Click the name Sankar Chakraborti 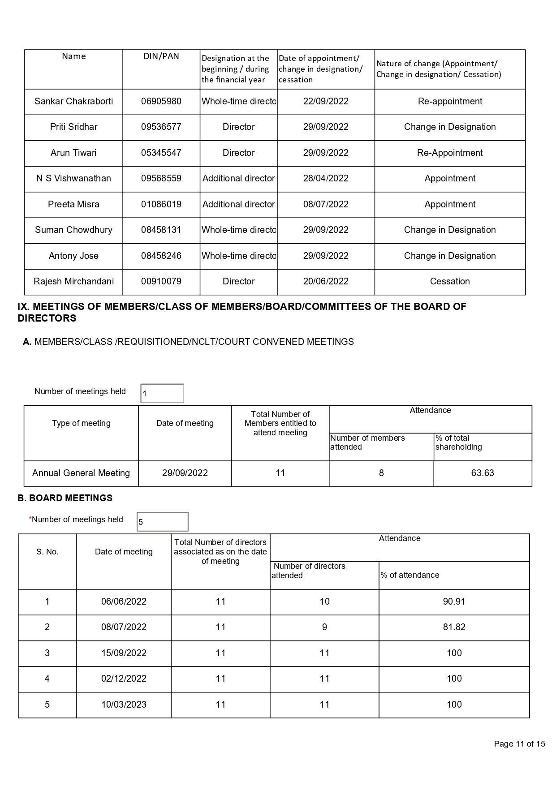coord(73,101)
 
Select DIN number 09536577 coord(161,127)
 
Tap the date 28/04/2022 coord(326,178)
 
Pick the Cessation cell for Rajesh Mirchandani coord(450,281)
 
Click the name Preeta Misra coord(73,204)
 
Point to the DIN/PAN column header coord(161,56)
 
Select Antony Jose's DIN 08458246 coord(161,256)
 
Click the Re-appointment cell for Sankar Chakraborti coord(450,101)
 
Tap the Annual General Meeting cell coord(81,473)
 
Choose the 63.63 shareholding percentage coord(483,473)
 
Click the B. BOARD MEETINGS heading coord(65,498)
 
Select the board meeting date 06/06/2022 coord(124,601)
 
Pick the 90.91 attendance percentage coord(454,601)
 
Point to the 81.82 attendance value coord(454,627)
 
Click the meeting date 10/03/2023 coord(124,704)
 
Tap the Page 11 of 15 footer coord(519,744)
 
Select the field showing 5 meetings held coord(162,522)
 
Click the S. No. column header coord(47,552)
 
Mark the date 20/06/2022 coord(326,281)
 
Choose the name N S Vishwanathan coord(73,178)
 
